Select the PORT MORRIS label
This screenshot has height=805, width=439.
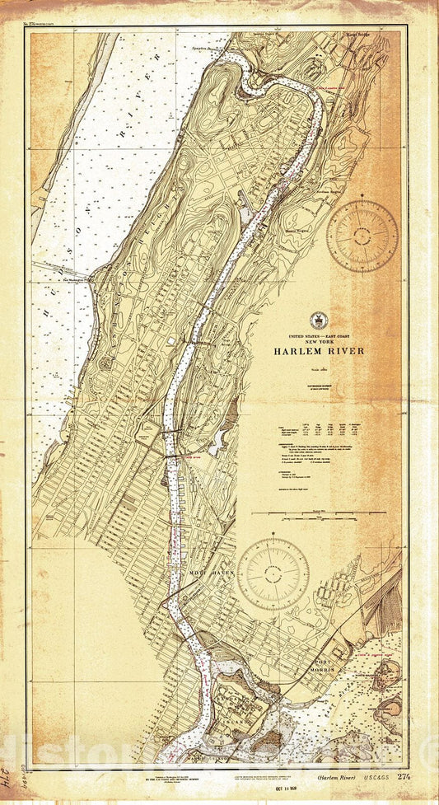329,668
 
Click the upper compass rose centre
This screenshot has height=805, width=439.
362,236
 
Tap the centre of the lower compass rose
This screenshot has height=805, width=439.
273,573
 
